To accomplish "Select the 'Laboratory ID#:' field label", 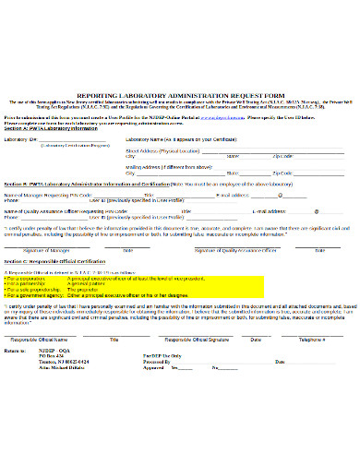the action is [21, 138].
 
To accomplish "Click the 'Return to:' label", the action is [17, 352].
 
